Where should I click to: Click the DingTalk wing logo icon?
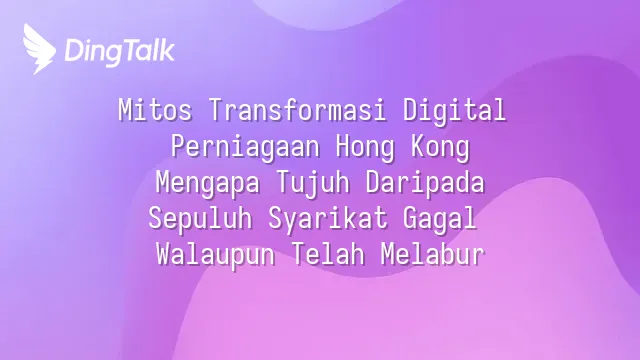tap(39, 49)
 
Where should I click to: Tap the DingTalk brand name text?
tap(120, 51)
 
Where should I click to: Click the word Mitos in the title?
tap(155, 110)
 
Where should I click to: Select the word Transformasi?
tap(298, 110)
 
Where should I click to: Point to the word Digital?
tap(455, 110)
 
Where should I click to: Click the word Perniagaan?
tap(245, 147)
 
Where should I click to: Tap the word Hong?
tap(365, 148)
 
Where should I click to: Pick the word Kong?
tap(440, 148)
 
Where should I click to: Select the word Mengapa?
tap(208, 183)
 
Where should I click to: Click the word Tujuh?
tap(313, 184)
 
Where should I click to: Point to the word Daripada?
tap(425, 182)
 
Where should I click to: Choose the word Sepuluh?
tap(200, 219)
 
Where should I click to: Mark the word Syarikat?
tap(328, 219)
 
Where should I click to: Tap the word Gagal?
tap(440, 219)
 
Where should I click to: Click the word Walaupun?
tap(216, 255)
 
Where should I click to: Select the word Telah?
tap(328, 254)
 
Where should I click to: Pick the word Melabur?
tap(433, 254)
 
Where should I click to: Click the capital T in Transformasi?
tap(216, 110)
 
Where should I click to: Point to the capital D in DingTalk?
tap(75, 50)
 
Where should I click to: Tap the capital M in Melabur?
tap(388, 255)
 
